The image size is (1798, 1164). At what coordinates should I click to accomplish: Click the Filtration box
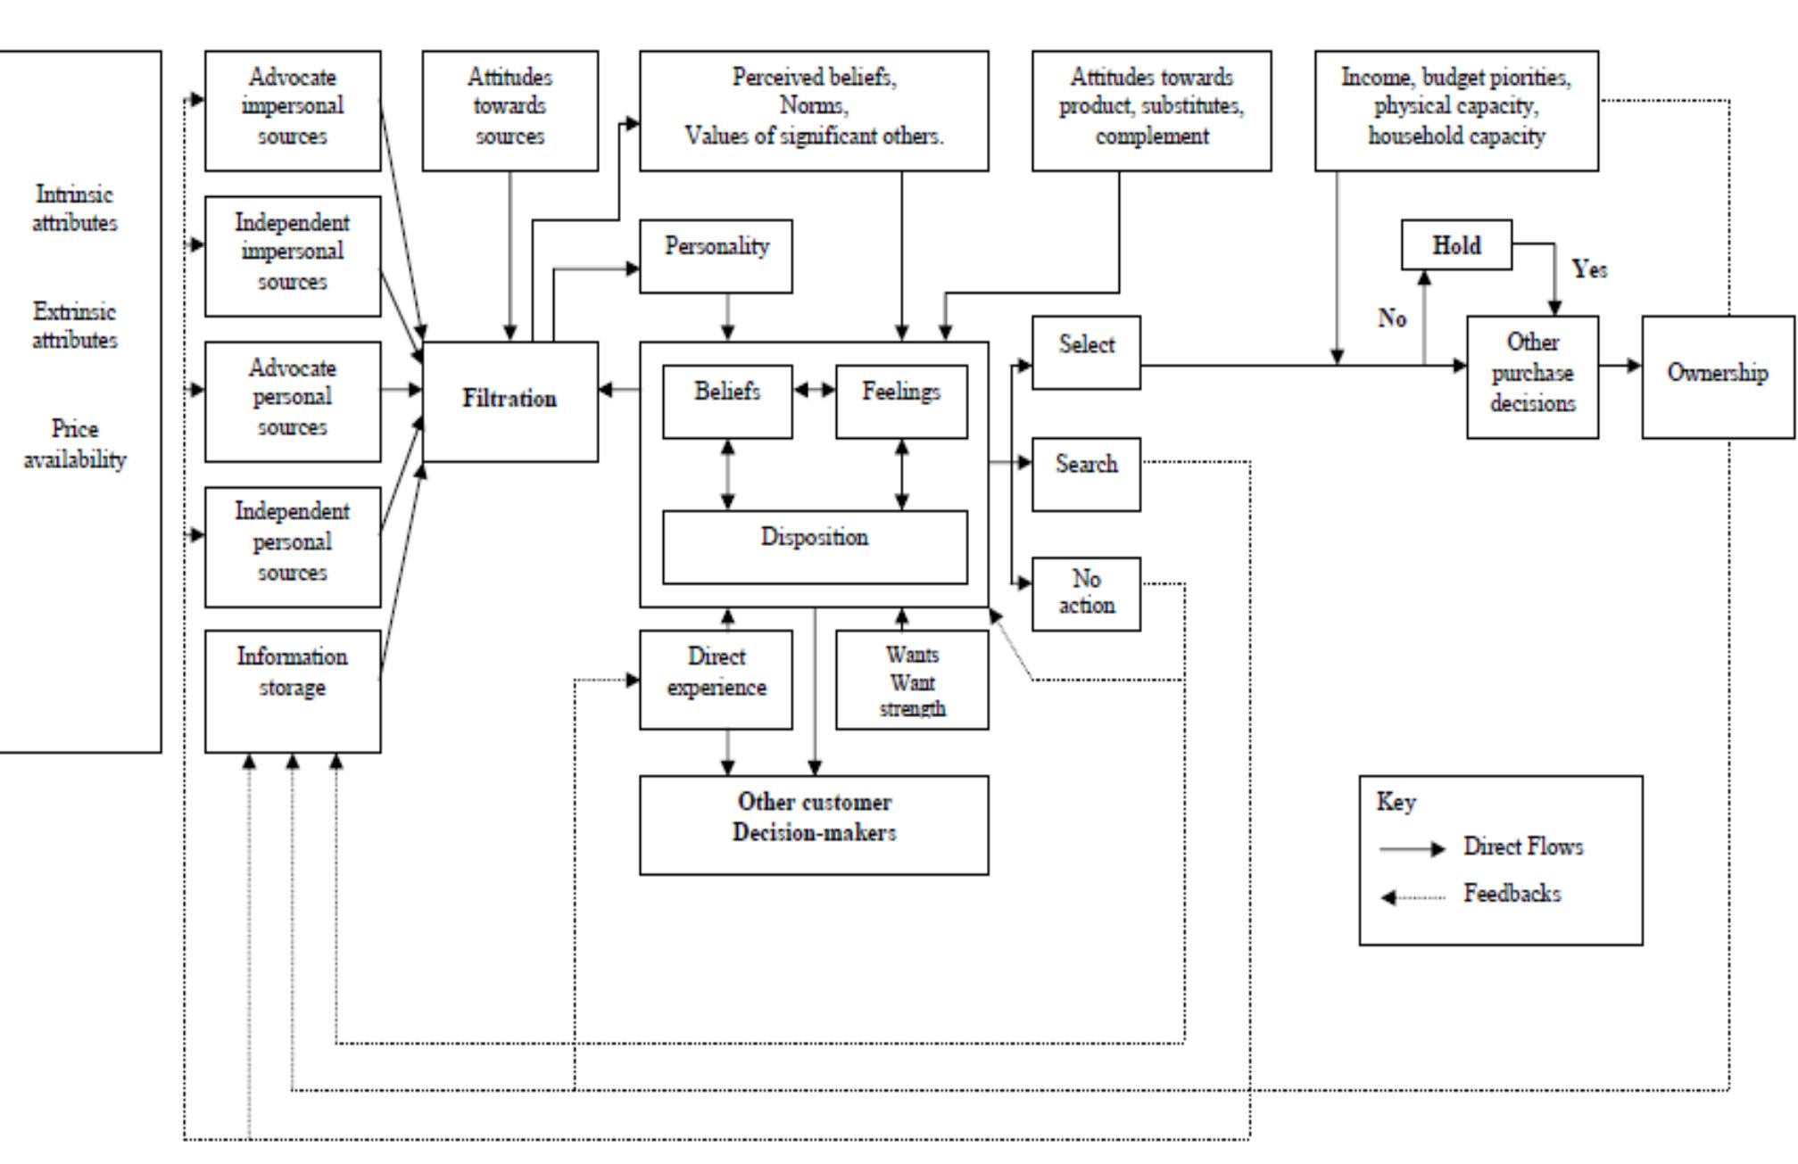click(510, 400)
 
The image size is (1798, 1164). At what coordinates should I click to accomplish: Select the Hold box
click(1455, 245)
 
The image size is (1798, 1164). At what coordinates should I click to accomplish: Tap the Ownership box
click(1717, 375)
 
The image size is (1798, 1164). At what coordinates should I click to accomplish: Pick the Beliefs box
click(727, 400)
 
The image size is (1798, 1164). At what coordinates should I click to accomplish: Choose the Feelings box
click(900, 400)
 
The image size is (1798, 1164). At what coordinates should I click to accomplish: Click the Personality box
click(716, 256)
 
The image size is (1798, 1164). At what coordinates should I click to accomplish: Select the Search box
click(1085, 474)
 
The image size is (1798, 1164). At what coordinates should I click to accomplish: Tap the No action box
click(1085, 593)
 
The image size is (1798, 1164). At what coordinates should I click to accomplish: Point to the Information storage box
click(292, 690)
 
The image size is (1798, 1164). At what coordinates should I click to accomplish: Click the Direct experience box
click(716, 679)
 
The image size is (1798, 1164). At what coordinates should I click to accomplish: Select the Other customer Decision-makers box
click(813, 824)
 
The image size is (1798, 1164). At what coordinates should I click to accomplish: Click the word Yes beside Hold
click(1589, 269)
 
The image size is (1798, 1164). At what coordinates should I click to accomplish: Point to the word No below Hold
click(1392, 318)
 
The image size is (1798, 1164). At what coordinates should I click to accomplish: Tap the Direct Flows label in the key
click(1522, 846)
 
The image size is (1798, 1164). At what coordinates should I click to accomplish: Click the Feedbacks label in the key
click(1512, 894)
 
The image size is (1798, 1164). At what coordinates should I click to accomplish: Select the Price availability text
click(75, 444)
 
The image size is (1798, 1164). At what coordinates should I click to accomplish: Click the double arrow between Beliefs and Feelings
click(814, 390)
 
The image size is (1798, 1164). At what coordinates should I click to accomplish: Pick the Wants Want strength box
click(911, 681)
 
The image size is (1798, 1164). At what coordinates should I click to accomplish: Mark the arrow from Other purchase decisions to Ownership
click(1620, 366)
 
